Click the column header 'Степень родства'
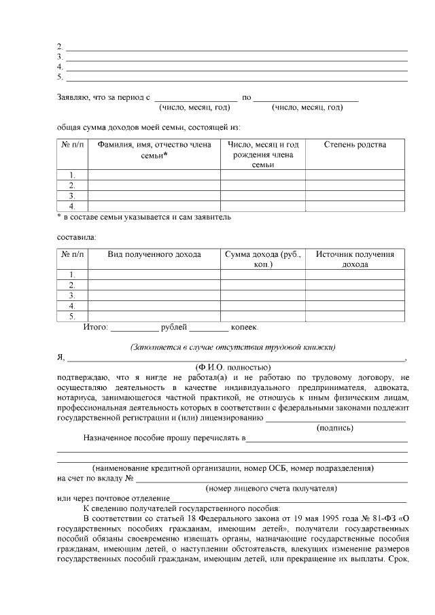tap(355, 145)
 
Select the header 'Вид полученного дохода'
tap(154, 254)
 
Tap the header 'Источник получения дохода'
tap(355, 259)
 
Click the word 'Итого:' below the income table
tap(96, 328)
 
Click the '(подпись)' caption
tap(336, 427)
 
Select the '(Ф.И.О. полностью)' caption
tap(232, 367)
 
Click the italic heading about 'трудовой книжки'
tap(233, 347)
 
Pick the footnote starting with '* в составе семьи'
tap(143, 217)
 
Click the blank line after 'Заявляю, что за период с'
tap(196, 98)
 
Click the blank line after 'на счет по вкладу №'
tap(272, 478)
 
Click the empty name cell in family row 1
tap(154, 175)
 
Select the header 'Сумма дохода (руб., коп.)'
tap(262, 259)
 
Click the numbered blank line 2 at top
tap(236, 47)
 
